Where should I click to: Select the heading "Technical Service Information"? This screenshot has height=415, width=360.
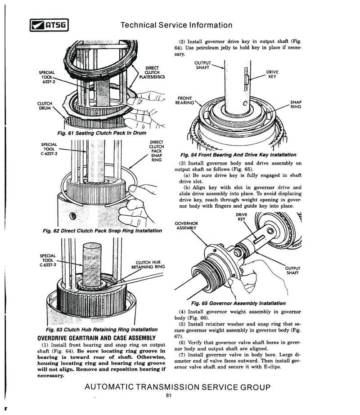pyautogui.click(x=176, y=25)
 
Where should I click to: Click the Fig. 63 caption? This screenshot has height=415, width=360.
pyautogui.click(x=104, y=329)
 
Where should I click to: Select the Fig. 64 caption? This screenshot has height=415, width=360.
pyautogui.click(x=238, y=154)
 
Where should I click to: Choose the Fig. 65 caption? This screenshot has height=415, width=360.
pyautogui.click(x=238, y=303)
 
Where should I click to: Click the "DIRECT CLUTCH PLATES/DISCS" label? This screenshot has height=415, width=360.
pyautogui.click(x=152, y=72)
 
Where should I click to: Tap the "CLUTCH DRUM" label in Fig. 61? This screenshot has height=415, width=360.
pyautogui.click(x=45, y=106)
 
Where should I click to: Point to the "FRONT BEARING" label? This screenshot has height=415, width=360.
pyautogui.click(x=185, y=100)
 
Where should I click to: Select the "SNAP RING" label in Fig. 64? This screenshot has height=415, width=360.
pyautogui.click(x=296, y=104)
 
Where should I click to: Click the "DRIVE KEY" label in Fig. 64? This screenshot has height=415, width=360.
pyautogui.click(x=272, y=74)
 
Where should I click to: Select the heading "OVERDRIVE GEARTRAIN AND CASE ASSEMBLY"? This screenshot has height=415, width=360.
pyautogui.click(x=96, y=338)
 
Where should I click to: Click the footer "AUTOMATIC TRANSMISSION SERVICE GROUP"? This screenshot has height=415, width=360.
pyautogui.click(x=177, y=387)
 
